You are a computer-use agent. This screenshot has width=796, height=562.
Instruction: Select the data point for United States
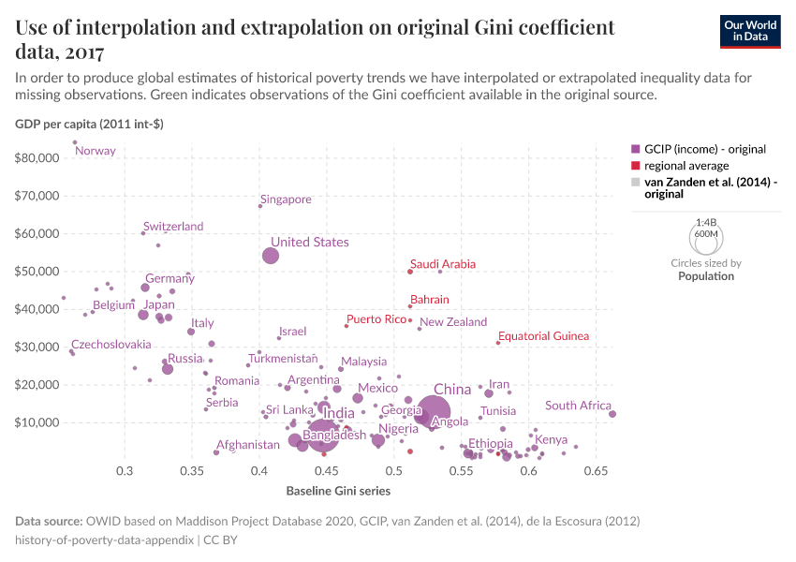271,256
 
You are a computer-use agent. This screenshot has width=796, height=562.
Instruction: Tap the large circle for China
434,410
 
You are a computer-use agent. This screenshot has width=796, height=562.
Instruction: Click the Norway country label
96,151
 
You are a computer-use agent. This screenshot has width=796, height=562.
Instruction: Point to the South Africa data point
612,414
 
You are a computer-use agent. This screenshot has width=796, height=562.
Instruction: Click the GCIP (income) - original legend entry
691,148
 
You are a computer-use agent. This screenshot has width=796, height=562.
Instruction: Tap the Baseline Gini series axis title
338,490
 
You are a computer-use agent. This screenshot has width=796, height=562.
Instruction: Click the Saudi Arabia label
443,265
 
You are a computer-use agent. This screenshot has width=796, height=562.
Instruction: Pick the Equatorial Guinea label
543,336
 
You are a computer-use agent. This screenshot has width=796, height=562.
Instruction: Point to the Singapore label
286,200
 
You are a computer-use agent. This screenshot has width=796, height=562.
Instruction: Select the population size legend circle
706,240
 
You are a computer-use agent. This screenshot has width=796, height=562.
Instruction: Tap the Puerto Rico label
376,319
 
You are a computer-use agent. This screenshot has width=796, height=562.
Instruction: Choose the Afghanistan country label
248,445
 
